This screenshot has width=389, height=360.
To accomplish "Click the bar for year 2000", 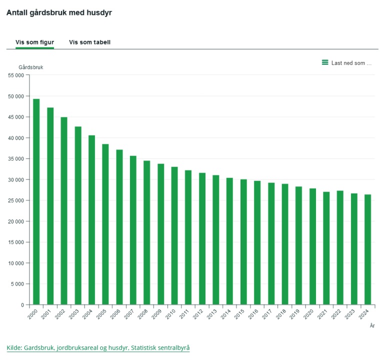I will (36, 202).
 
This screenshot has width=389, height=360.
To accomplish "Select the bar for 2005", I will (105, 224).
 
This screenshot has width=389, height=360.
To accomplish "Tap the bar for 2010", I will (174, 235).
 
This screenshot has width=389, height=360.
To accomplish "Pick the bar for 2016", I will (257, 243).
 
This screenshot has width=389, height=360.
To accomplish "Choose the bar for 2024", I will (367, 249).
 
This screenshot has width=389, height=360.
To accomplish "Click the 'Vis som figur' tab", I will (34, 42).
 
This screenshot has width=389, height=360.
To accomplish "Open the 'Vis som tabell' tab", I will (89, 42).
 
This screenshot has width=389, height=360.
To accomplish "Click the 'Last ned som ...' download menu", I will (351, 63).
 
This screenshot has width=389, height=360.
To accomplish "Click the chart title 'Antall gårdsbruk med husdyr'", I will (59, 12).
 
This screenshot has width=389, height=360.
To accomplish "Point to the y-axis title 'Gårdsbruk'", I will (31, 67).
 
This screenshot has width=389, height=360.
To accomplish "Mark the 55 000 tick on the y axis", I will (16, 75).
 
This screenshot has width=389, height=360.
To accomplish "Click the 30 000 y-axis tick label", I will (16, 179).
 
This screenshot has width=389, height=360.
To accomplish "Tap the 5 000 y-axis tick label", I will (17, 284).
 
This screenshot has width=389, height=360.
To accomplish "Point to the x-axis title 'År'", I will (372, 326).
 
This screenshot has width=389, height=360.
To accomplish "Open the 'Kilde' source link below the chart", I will (98, 347).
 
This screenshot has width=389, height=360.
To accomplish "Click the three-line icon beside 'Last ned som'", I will (325, 62).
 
